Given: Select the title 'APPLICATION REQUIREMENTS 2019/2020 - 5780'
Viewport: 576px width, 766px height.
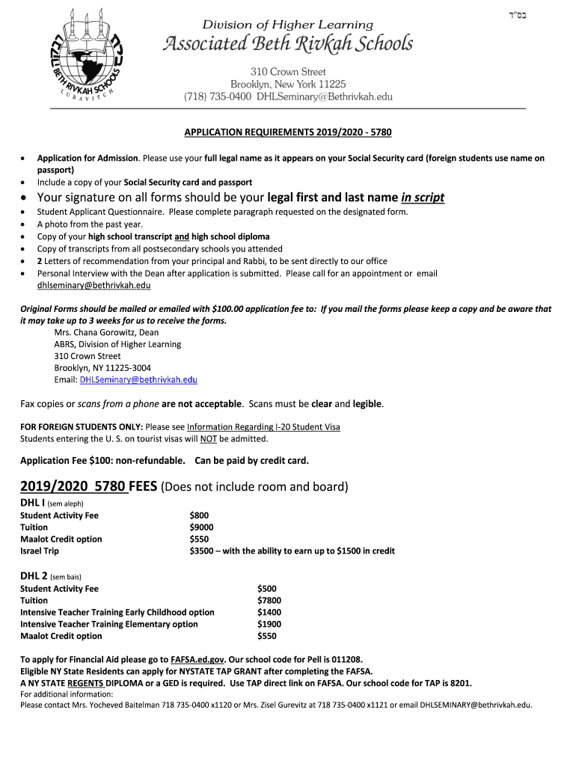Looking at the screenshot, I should click(288, 132).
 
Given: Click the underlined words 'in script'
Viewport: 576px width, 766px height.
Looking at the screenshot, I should click(423, 197).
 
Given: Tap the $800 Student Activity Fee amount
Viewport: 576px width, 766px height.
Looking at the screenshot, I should click(199, 515).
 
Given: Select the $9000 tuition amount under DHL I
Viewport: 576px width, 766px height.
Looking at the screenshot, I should click(202, 527).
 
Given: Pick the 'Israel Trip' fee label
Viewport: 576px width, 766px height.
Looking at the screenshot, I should click(40, 551).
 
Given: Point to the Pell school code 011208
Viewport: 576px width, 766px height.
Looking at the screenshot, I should click(346, 660).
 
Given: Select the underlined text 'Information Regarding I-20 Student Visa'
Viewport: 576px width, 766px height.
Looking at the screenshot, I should click(263, 427).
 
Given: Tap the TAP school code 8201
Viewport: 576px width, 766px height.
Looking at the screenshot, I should click(461, 684).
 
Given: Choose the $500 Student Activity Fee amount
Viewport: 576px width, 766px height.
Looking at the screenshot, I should click(266, 589).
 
